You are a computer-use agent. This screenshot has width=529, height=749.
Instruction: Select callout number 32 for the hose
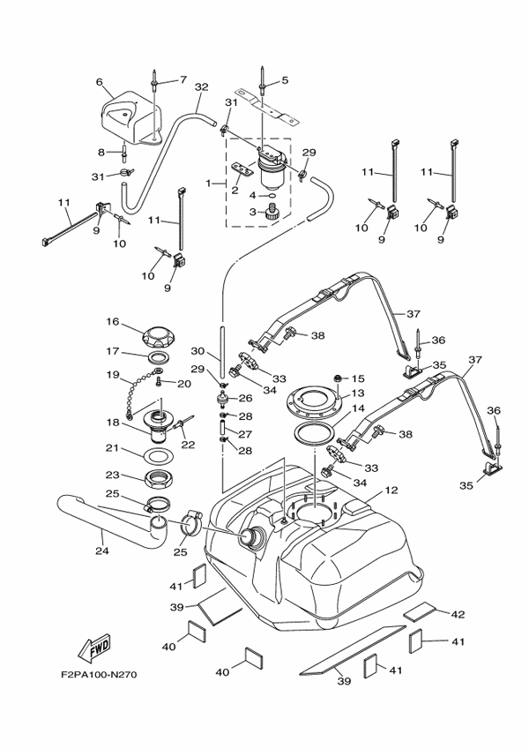tap(201, 86)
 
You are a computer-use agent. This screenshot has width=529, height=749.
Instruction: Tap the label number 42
tap(458, 613)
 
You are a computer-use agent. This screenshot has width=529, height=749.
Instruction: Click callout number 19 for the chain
tap(113, 374)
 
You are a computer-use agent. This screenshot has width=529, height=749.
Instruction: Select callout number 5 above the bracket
tap(285, 81)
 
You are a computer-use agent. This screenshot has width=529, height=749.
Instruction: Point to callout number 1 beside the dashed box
tap(210, 184)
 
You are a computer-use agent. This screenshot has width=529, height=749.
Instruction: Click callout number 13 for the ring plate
tap(357, 393)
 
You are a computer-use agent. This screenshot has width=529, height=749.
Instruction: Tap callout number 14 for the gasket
tap(357, 408)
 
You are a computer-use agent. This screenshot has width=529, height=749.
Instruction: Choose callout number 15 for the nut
tap(357, 378)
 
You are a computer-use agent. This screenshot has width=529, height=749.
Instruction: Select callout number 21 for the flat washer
tap(113, 447)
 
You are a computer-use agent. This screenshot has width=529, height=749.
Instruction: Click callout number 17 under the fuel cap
tap(113, 351)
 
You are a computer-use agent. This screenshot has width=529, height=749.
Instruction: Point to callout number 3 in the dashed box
tap(251, 211)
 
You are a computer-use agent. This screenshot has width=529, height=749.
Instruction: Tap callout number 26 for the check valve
tap(246, 399)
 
